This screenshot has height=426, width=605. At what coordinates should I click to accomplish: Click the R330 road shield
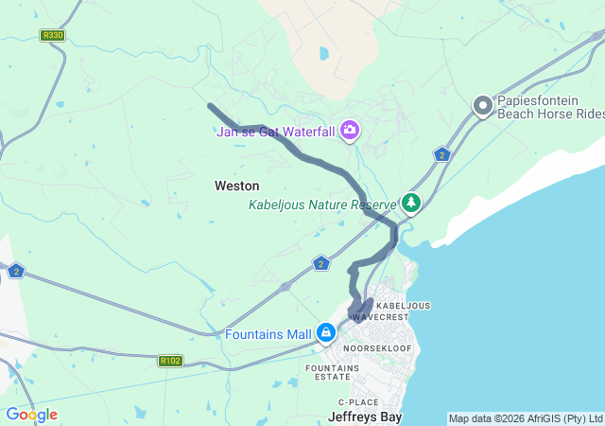52,35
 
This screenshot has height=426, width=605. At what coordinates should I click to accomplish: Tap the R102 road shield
170,360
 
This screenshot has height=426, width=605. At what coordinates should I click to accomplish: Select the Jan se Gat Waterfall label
275,132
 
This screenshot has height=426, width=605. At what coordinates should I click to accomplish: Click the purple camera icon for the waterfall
351,130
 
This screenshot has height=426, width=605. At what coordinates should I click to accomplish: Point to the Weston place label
236,186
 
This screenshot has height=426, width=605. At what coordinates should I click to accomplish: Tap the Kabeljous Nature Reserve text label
321,204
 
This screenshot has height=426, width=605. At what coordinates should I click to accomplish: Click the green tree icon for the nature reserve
411,202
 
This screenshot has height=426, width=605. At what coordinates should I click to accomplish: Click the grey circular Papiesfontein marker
483,106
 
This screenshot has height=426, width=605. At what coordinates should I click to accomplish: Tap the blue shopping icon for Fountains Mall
326,332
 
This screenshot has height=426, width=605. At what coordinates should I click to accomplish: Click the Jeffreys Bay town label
365,416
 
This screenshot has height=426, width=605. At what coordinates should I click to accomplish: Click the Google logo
31,415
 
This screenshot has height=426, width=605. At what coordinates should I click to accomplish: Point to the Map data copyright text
525,418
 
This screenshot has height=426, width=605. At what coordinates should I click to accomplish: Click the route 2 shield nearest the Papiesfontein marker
441,154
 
